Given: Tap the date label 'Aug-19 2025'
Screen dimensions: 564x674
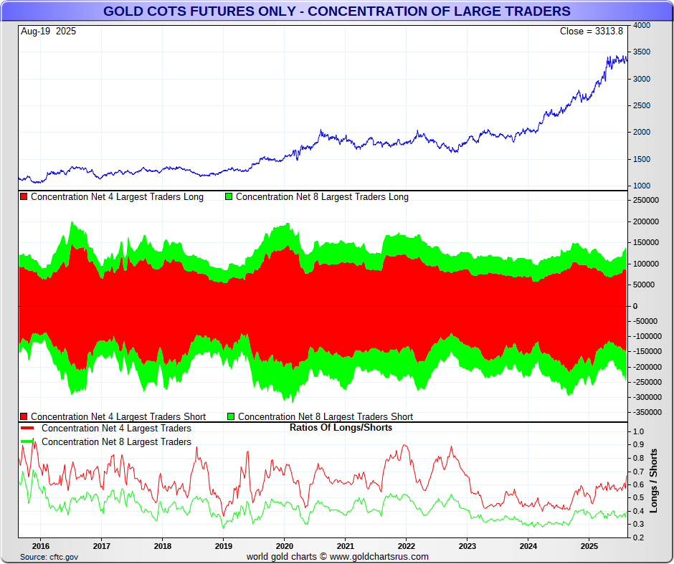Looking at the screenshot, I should pos(49,31).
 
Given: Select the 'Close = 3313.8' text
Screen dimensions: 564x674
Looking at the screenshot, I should pos(592,31).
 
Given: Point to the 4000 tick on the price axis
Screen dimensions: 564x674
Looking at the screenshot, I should pos(642,26).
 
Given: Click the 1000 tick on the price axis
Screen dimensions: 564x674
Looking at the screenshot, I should pos(642,186).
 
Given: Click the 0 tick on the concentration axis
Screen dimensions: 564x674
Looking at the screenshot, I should pos(634,306).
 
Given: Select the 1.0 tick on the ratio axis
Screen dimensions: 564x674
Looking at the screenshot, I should pos(638,432).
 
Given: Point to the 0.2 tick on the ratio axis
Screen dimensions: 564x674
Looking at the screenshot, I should pos(638,537).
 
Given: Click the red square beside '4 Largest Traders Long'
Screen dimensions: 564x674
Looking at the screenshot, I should pos(24,197).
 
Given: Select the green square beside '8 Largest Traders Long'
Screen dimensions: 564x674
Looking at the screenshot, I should pos(229,197).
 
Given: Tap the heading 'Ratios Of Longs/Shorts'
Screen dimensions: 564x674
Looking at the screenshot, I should pos(341,428).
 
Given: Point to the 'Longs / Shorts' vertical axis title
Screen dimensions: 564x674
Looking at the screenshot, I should pos(653,480).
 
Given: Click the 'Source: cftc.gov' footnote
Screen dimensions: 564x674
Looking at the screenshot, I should pos(49,557).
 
